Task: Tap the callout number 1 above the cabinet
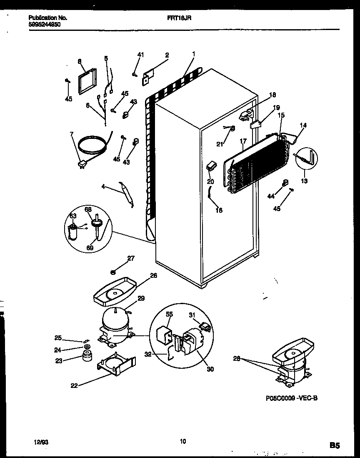[194, 53]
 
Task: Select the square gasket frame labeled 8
[86, 82]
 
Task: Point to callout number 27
[131, 259]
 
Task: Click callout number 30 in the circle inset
[210, 369]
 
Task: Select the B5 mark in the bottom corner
[335, 445]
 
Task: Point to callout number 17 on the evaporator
[243, 141]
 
